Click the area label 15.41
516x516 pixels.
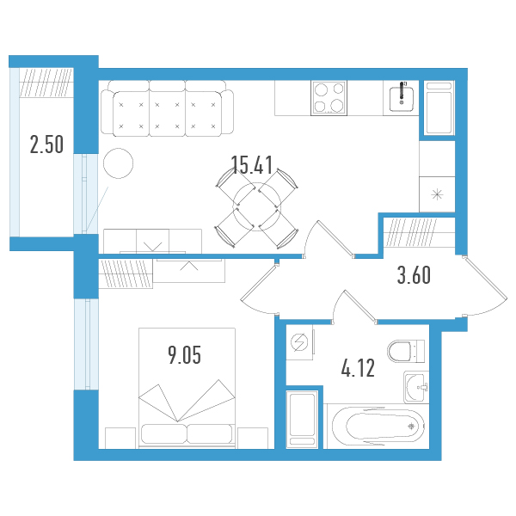(x=252, y=165)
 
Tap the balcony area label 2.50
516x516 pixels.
(x=46, y=144)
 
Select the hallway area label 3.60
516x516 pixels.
(x=414, y=275)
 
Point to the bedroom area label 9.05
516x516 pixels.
(x=184, y=355)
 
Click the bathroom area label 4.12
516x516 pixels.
(x=358, y=368)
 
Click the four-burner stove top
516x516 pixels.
(x=329, y=98)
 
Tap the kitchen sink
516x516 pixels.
(x=401, y=98)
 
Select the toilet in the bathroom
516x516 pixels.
(x=406, y=352)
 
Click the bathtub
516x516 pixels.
(x=378, y=427)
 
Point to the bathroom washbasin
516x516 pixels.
(x=416, y=387)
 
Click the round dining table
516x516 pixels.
(x=257, y=207)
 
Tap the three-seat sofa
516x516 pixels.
(x=167, y=108)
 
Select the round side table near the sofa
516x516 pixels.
(x=118, y=163)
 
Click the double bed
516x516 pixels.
(x=187, y=388)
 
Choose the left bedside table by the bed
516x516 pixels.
(x=120, y=438)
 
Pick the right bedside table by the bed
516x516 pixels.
(x=253, y=438)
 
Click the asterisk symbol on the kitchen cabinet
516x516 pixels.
(x=437, y=194)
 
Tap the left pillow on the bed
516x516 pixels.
(x=164, y=433)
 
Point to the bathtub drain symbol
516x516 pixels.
(x=411, y=427)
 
